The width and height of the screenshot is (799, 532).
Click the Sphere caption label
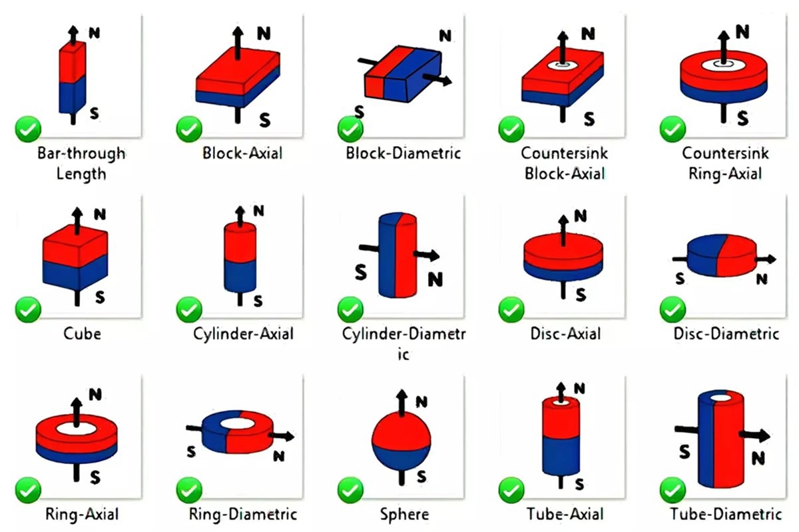pos(404,514)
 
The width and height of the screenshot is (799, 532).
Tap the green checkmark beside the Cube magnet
pos(28,309)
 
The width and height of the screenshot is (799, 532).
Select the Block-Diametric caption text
pos(403,153)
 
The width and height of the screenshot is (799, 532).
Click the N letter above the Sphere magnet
pos(421,401)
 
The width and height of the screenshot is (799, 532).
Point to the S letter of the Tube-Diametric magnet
pos(683,452)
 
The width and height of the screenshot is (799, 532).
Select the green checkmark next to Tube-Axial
pos(511,490)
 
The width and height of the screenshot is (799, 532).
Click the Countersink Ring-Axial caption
pos(725,163)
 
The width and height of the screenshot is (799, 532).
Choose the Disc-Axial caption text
pos(564,333)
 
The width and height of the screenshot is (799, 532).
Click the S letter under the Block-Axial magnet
pos(264,120)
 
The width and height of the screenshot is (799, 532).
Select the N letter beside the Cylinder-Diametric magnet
pos(435,279)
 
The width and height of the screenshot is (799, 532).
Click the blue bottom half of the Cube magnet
pos(73,274)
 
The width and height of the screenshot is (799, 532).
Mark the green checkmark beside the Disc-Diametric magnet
pos(672,309)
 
